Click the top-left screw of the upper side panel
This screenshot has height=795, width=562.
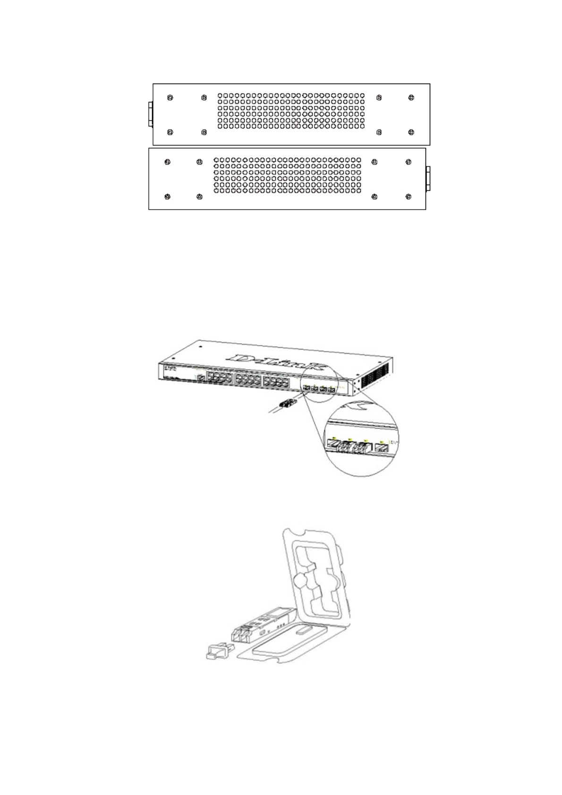[x=170, y=98]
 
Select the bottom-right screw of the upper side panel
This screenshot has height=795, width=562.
[x=411, y=133]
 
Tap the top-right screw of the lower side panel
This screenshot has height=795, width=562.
[x=409, y=162]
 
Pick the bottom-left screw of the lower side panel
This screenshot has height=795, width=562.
[x=166, y=196]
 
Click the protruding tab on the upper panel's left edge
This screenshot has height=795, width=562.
[x=151, y=114]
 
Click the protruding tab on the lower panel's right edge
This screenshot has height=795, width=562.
[x=428, y=178]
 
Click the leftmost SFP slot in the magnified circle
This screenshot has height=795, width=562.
[x=333, y=442]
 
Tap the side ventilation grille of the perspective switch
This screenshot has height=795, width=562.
[x=375, y=375]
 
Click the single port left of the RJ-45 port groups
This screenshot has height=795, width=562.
[x=201, y=378]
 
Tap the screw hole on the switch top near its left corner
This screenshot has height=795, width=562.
[x=201, y=346]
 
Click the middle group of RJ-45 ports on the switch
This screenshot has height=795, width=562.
[x=248, y=379]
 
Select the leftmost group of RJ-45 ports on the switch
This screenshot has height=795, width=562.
[x=220, y=378]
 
